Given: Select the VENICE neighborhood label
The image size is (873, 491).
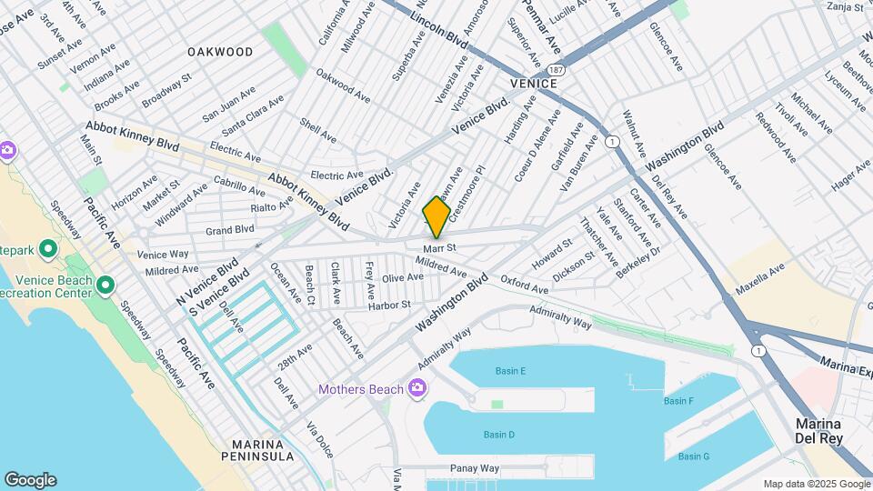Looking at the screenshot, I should pos(533,83).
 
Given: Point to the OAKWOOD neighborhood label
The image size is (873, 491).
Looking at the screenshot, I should pos(220,52).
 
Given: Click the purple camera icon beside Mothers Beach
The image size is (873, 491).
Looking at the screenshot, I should pos(417,389).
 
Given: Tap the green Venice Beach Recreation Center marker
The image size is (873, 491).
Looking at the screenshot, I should pos(105,286).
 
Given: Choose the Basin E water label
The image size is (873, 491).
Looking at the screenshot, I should pos(510,371).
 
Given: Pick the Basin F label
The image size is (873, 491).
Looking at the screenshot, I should pos(678,401).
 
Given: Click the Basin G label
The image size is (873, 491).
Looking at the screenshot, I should pos(693,456).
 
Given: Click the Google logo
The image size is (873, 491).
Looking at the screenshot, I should pos(29,480).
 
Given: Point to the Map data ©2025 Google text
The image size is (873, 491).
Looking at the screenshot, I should pos(816,485).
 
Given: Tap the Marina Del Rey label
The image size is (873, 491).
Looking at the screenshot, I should pos(818,432).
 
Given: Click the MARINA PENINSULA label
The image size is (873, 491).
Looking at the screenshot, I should pos(263,449).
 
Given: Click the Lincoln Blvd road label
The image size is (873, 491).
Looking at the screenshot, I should pos(438,31).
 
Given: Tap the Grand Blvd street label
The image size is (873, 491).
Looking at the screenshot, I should pos(229,230).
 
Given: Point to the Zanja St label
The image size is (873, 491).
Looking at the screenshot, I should pos(844,6).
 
